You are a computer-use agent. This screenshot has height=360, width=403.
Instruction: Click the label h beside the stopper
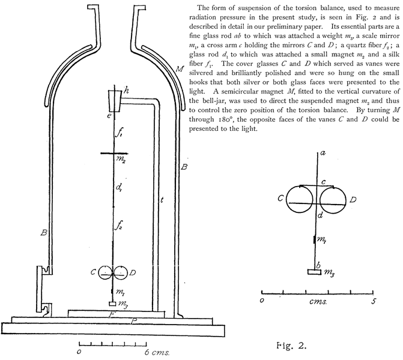[126, 91]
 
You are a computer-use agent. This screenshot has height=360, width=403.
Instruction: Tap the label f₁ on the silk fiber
[119, 134]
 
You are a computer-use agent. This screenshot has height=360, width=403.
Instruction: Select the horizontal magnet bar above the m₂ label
[114, 154]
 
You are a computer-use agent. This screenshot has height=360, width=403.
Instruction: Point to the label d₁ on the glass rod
[119, 187]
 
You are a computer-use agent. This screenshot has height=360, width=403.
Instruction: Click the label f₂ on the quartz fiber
[119, 225]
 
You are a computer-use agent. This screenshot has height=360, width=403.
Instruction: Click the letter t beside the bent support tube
[162, 200]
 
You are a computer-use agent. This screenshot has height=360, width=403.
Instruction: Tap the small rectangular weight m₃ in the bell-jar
[112, 304]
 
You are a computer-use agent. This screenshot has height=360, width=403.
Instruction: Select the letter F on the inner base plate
[111, 314]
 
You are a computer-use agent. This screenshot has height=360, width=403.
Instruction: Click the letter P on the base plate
[133, 321]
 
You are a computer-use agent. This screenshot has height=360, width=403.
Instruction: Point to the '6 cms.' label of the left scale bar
[157, 352]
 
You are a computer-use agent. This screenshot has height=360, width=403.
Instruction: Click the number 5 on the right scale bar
[373, 301]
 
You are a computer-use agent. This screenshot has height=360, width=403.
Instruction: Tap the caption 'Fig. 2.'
[291, 346]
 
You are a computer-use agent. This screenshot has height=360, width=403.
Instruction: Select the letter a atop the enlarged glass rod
[323, 153]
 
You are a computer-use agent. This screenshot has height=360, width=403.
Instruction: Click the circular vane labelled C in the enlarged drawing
[300, 199]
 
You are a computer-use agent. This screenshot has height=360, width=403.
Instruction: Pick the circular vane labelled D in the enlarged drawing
[333, 200]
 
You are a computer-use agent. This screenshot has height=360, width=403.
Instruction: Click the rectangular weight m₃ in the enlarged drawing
[315, 272]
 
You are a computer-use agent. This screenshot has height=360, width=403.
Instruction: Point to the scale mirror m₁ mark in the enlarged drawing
[315, 239]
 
